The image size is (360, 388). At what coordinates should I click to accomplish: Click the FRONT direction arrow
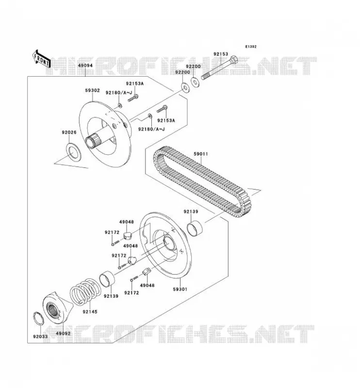click(42, 59)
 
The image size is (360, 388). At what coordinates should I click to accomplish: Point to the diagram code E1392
click(251, 47)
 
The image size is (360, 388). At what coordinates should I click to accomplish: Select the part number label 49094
click(85, 65)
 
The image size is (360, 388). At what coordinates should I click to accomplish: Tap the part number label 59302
click(92, 91)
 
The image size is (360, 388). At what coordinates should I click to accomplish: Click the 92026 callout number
click(69, 132)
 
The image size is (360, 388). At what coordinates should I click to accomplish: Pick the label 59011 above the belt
click(201, 154)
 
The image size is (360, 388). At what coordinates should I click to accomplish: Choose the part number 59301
click(180, 289)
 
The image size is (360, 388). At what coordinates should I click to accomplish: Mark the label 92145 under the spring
click(90, 311)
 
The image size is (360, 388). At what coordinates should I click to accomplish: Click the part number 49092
click(63, 333)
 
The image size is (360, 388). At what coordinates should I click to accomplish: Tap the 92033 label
click(40, 337)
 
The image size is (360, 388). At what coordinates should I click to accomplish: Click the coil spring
click(85, 291)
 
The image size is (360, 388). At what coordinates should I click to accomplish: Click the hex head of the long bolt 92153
click(234, 59)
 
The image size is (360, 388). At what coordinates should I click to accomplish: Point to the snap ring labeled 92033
click(38, 319)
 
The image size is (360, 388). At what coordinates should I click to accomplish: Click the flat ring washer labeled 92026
click(73, 152)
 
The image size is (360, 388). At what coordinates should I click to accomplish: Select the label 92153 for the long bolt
click(221, 54)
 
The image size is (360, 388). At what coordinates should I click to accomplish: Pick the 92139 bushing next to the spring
click(107, 279)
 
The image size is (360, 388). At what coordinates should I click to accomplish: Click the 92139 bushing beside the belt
click(195, 228)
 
